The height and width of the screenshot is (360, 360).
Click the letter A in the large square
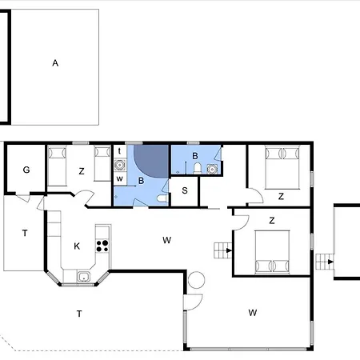pyautogui.click(x=55, y=63)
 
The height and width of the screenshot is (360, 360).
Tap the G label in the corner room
pyautogui.click(x=26, y=170)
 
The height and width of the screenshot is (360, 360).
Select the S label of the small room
pyautogui.click(x=185, y=190)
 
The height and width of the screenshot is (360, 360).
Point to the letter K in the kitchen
pyautogui.click(x=77, y=246)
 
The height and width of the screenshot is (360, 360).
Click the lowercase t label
pyautogui.click(x=119, y=151)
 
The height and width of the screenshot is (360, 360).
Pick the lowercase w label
pyautogui.click(x=120, y=178)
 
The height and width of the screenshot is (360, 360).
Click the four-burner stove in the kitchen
pyautogui.click(x=102, y=246)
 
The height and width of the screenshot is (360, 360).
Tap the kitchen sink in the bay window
pyautogui.click(x=84, y=277)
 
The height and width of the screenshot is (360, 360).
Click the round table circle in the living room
pyautogui.click(x=196, y=280)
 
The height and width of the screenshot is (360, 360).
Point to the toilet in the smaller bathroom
pyautogui.click(x=198, y=169)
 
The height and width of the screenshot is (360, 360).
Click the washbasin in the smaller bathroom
pyautogui.click(x=212, y=169)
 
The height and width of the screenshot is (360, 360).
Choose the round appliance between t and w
pyautogui.click(x=120, y=165)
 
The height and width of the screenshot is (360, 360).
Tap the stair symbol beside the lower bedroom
pyautogui.click(x=223, y=250)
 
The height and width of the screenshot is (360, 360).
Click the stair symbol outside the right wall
pyautogui.click(x=325, y=262)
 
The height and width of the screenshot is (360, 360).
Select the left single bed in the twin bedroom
pyautogui.click(x=57, y=166)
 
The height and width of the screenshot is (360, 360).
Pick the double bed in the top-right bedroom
pyautogui.click(x=282, y=167)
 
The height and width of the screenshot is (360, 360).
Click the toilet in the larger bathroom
pyautogui.click(x=162, y=198)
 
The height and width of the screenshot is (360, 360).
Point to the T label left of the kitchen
pyautogui.click(x=25, y=234)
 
